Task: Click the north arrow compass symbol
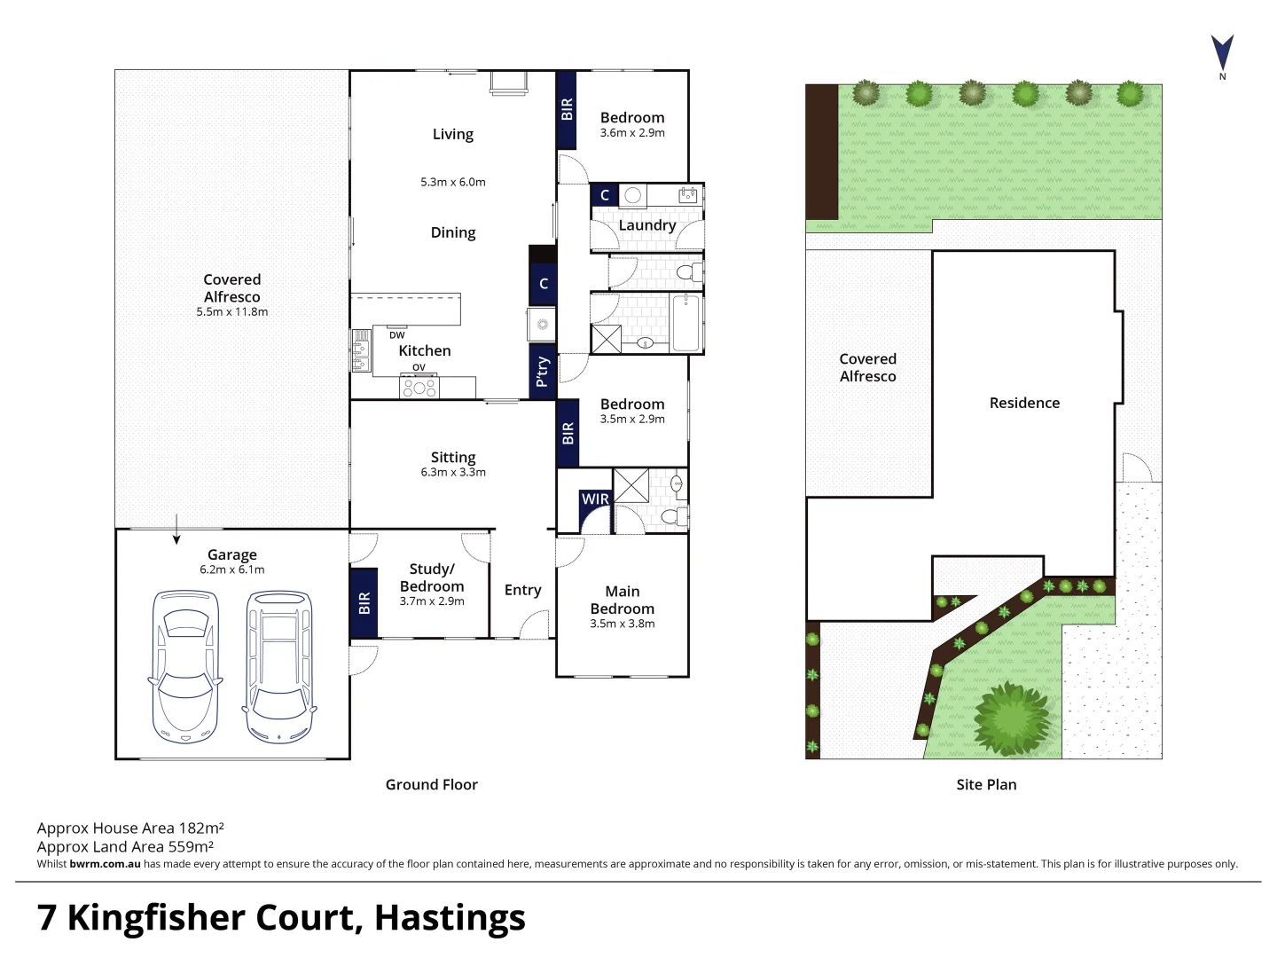pos(1222,53)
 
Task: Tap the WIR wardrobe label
pos(595,499)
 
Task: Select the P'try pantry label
pos(542,372)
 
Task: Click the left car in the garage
pos(185,666)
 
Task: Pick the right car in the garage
pos(278,666)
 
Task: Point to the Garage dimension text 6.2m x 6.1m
pos(231,569)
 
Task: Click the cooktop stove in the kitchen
pos(419,388)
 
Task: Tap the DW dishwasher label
pos(396,335)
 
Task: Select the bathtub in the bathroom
pos(686,323)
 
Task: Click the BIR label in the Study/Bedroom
pos(364,603)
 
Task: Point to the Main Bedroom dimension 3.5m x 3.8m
pos(622,624)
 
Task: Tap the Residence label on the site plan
pos(1024,403)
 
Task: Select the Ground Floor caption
pos(431,784)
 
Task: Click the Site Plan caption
pos(986,784)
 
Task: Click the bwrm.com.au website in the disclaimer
pos(105,864)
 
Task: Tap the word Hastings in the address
pos(450,917)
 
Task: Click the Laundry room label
pos(646,225)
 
